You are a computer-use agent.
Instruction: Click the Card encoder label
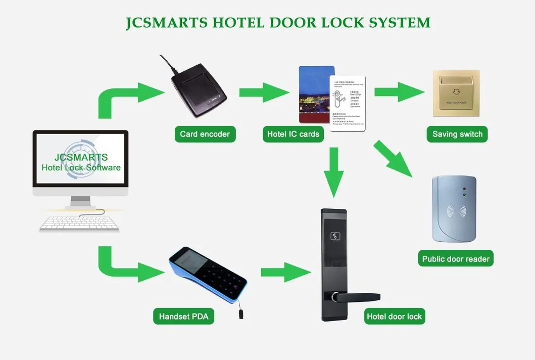(x=205, y=134)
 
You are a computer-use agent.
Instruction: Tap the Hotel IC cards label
(x=293, y=134)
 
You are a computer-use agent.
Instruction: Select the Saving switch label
(x=457, y=134)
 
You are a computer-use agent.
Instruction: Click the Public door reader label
(x=456, y=259)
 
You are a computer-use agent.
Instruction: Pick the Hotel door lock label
(x=394, y=317)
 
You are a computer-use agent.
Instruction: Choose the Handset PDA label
(x=183, y=317)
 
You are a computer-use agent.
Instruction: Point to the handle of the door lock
(x=359, y=297)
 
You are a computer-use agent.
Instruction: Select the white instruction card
(x=348, y=104)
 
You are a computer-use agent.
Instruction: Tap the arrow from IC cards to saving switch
(x=399, y=92)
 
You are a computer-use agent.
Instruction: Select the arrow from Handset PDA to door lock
(x=285, y=272)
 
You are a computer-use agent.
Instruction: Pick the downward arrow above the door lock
(x=333, y=172)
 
